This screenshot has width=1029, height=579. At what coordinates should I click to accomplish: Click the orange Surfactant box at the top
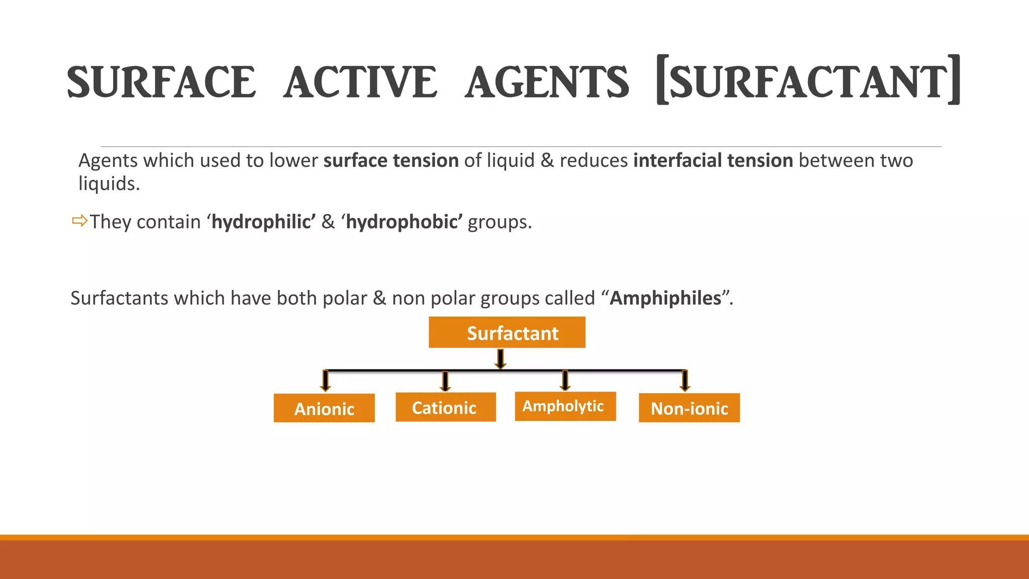point(507,332)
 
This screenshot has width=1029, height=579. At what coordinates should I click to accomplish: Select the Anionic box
point(324,408)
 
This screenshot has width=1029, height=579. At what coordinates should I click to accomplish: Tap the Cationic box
point(446,407)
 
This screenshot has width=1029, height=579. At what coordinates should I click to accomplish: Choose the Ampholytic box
point(565,406)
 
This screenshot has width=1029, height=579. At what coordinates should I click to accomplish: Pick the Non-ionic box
point(689,408)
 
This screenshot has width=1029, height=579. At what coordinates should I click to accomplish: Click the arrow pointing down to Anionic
point(326,381)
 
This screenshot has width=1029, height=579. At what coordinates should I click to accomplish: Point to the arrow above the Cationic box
point(445,381)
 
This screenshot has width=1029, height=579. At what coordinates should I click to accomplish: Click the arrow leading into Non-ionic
point(684,381)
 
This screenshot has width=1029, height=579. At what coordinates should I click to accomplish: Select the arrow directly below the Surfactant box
point(500,359)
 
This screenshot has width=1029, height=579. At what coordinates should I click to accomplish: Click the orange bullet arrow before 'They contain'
point(79,221)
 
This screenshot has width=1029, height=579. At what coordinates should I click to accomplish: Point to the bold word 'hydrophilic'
point(263,222)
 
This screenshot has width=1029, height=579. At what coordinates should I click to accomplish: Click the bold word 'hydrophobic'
point(403,222)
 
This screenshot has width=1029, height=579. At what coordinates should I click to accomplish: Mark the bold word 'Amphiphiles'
point(666,298)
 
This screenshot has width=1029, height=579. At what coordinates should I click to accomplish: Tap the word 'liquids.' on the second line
point(109,183)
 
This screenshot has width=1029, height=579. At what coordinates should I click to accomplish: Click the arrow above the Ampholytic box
point(565,381)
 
